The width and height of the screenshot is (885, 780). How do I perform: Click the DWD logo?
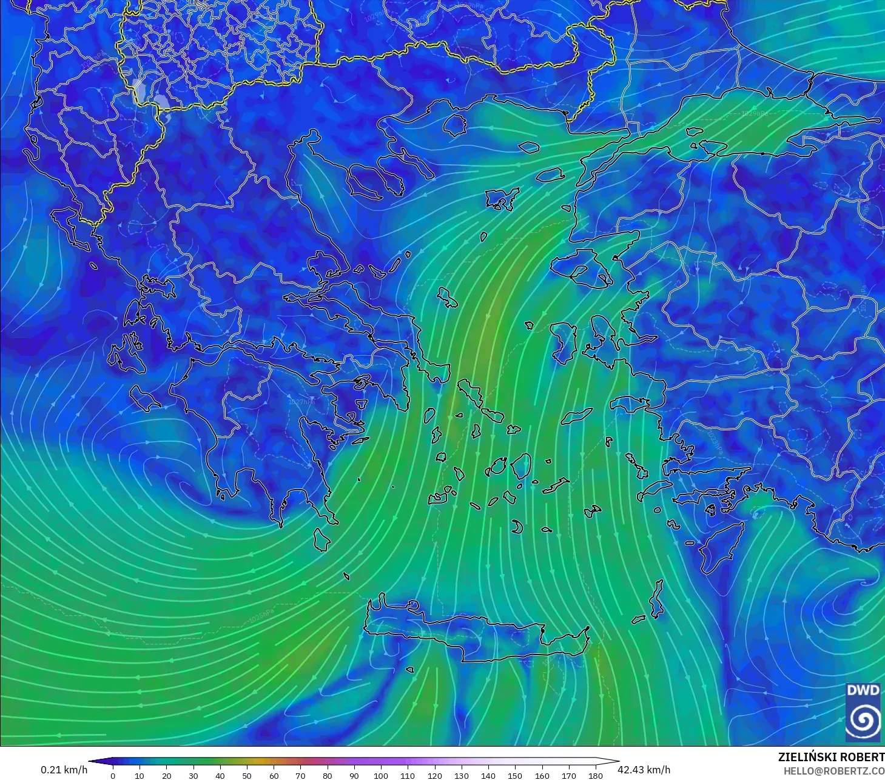point(863,712)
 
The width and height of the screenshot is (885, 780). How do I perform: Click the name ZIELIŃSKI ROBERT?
point(831,757)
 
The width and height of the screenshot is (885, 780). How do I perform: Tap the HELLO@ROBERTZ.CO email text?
point(833,771)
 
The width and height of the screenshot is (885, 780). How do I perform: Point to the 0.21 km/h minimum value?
point(64,770)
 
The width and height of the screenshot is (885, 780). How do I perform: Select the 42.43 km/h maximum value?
point(644,770)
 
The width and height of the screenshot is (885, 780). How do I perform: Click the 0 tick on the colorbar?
point(113,775)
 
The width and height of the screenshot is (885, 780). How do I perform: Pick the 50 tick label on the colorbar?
point(247,775)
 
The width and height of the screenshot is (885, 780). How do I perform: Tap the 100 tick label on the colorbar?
point(381,775)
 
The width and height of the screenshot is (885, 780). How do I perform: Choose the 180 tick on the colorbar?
point(596,775)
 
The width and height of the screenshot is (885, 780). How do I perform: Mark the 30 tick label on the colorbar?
point(193,775)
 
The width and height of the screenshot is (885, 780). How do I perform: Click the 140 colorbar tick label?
point(488,775)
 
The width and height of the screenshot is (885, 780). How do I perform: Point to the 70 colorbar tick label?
point(300,775)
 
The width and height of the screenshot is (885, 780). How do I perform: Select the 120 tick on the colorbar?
point(434,775)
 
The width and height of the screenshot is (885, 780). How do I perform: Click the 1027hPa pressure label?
point(301,402)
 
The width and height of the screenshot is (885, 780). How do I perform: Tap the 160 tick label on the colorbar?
point(542,775)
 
